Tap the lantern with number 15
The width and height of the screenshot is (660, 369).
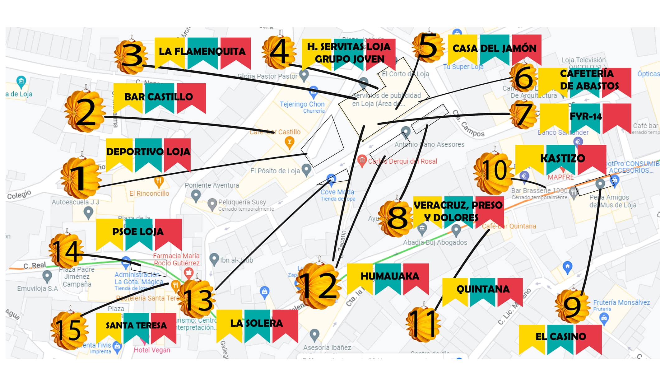70,330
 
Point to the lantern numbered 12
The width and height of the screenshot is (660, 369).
318,286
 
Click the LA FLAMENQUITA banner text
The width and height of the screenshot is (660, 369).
202,52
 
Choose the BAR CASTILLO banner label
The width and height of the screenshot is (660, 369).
159,97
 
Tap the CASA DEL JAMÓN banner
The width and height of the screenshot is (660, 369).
495,49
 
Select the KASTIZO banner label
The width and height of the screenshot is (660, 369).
562,158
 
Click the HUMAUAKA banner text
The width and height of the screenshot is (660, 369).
390,276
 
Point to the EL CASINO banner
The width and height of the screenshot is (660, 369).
560,336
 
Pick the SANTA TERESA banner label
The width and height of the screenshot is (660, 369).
136,325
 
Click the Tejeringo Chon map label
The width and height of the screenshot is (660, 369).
302,104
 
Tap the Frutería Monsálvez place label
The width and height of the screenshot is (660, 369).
621,302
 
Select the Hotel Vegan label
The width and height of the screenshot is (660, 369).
152,350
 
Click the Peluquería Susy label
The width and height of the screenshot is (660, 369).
242,202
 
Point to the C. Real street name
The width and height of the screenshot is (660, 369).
35,265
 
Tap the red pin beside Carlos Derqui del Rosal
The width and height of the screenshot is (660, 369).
361,161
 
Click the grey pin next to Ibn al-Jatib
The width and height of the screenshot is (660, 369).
214,259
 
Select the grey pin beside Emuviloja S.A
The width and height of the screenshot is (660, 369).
47,276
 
